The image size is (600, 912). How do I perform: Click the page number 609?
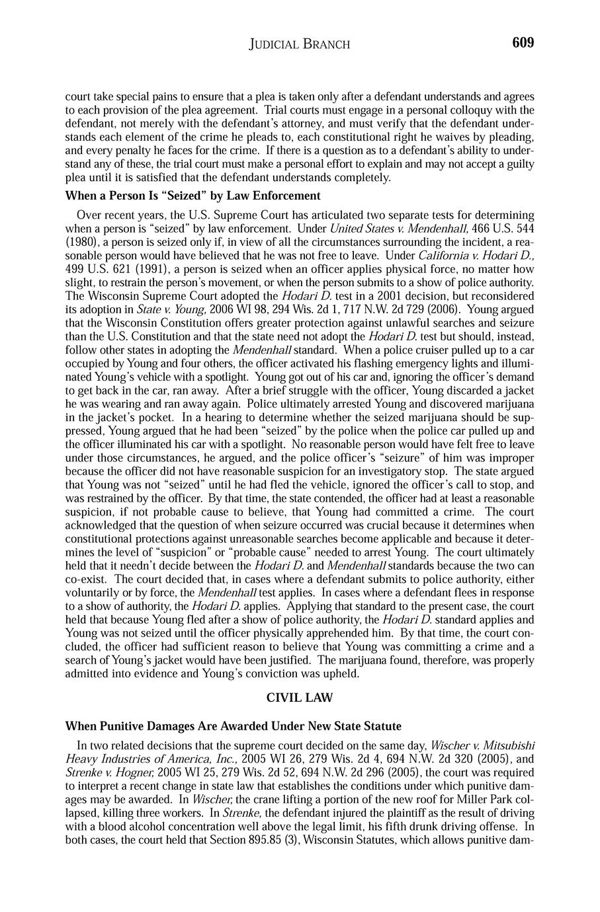point(522,43)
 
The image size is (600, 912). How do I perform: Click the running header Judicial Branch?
point(299,45)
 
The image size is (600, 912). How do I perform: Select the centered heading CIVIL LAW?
point(299,697)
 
